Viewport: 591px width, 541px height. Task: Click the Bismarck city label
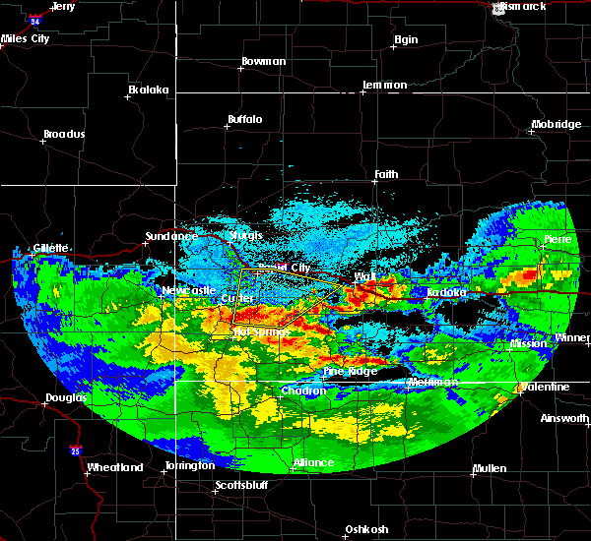523,6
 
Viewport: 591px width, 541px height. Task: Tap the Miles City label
26,39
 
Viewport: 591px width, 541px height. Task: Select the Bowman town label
263,61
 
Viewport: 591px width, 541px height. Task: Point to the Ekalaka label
149,90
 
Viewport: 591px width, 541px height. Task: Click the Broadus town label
64,134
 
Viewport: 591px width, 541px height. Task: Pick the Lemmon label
384,85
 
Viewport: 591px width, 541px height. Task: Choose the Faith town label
386,175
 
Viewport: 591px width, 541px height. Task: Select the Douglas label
66,398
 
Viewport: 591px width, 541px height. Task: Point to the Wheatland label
115,467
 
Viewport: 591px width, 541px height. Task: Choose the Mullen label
490,467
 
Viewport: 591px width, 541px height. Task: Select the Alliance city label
315,462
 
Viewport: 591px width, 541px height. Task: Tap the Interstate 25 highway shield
77,451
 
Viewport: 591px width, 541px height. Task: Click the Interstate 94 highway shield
36,19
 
